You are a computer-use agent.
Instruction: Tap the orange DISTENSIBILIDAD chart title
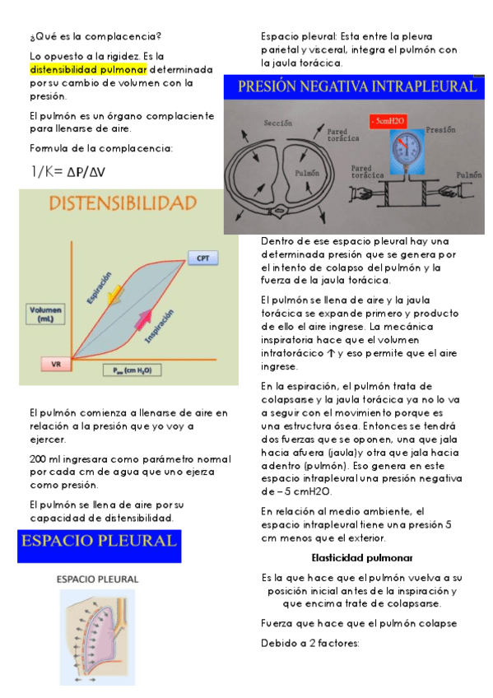coord(123,202)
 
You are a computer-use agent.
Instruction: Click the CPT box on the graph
coord(202,258)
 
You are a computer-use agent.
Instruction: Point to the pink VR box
coord(55,362)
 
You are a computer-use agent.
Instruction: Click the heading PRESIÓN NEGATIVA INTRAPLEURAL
coord(356,86)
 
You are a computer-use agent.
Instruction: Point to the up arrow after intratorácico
coord(332,354)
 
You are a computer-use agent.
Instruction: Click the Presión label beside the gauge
coord(442,130)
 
